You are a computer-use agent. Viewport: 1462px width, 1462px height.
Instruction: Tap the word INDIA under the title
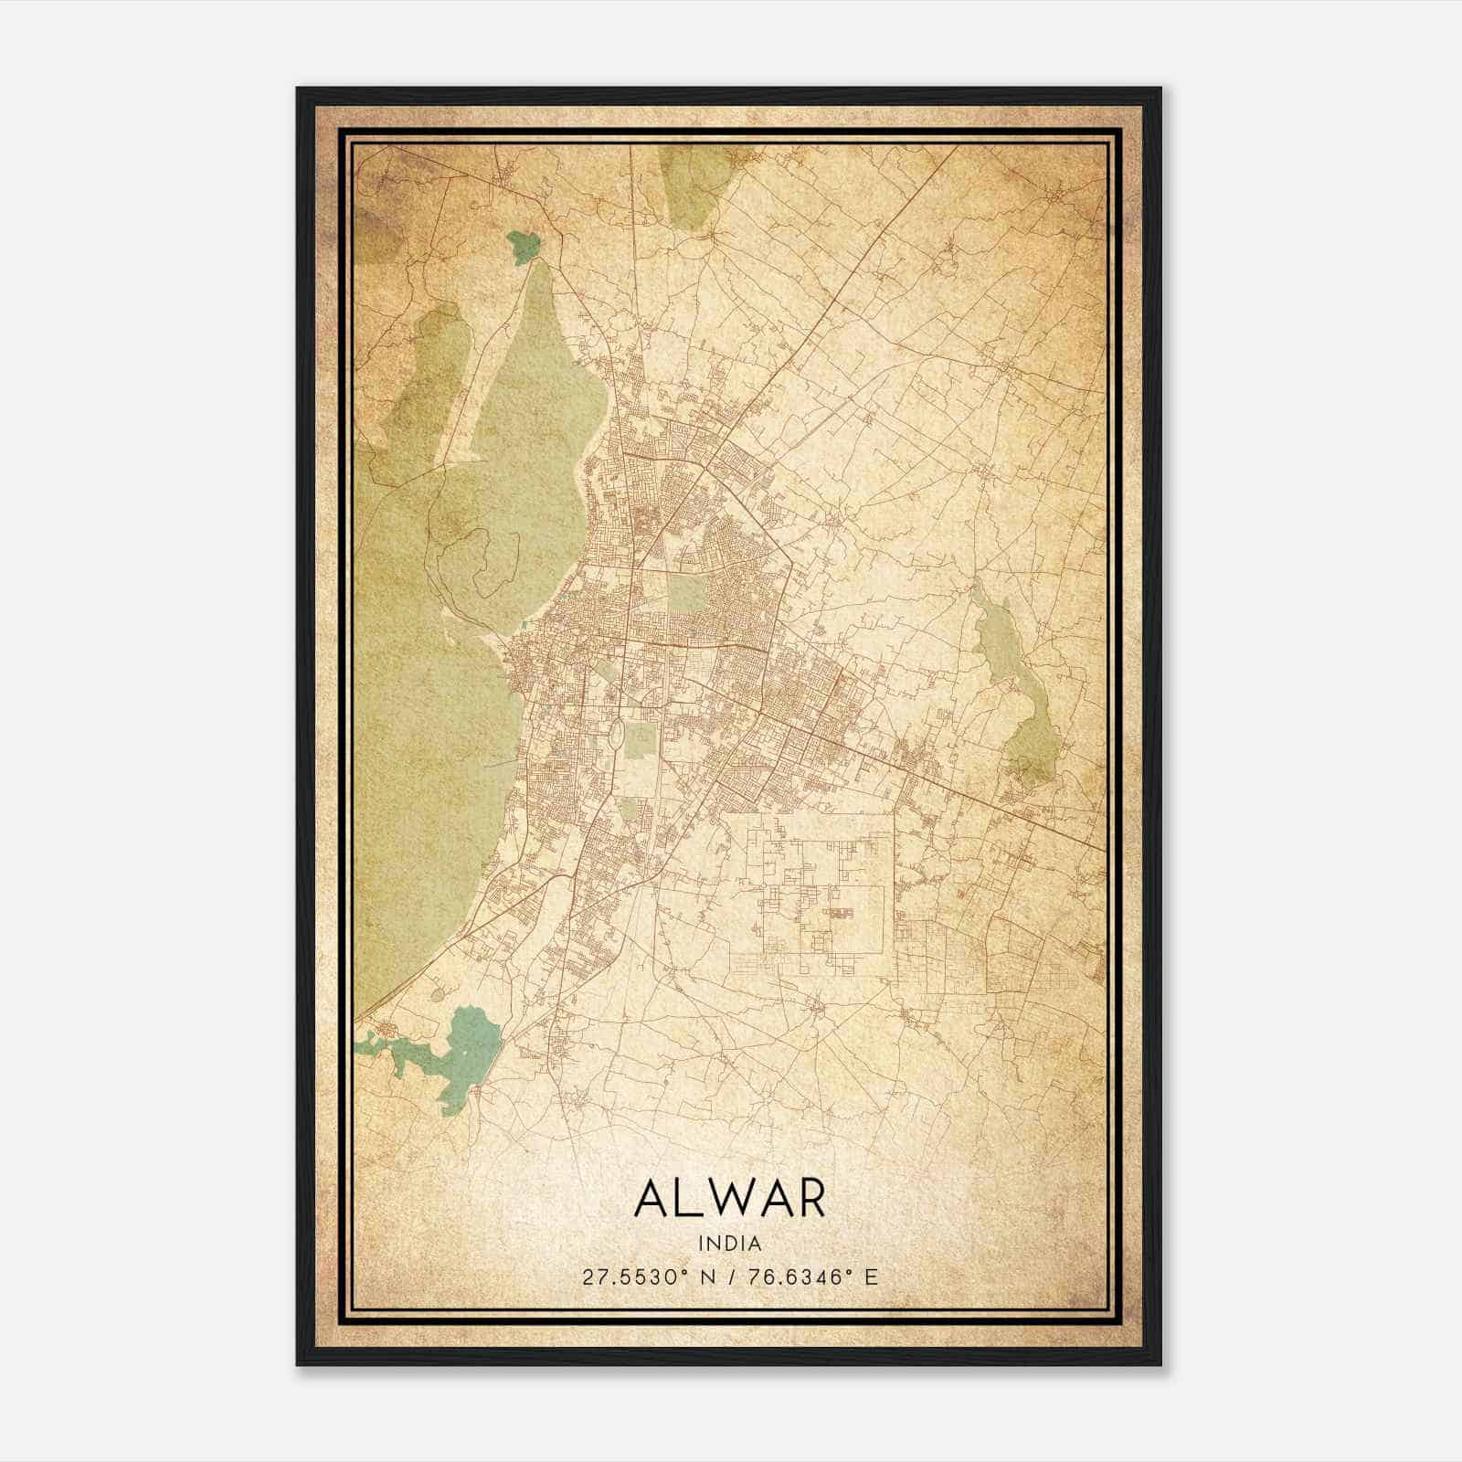pos(729,1244)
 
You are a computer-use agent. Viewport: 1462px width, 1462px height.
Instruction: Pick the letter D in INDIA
pos(731,1244)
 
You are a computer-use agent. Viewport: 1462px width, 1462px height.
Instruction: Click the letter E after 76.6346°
pos(871,1277)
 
